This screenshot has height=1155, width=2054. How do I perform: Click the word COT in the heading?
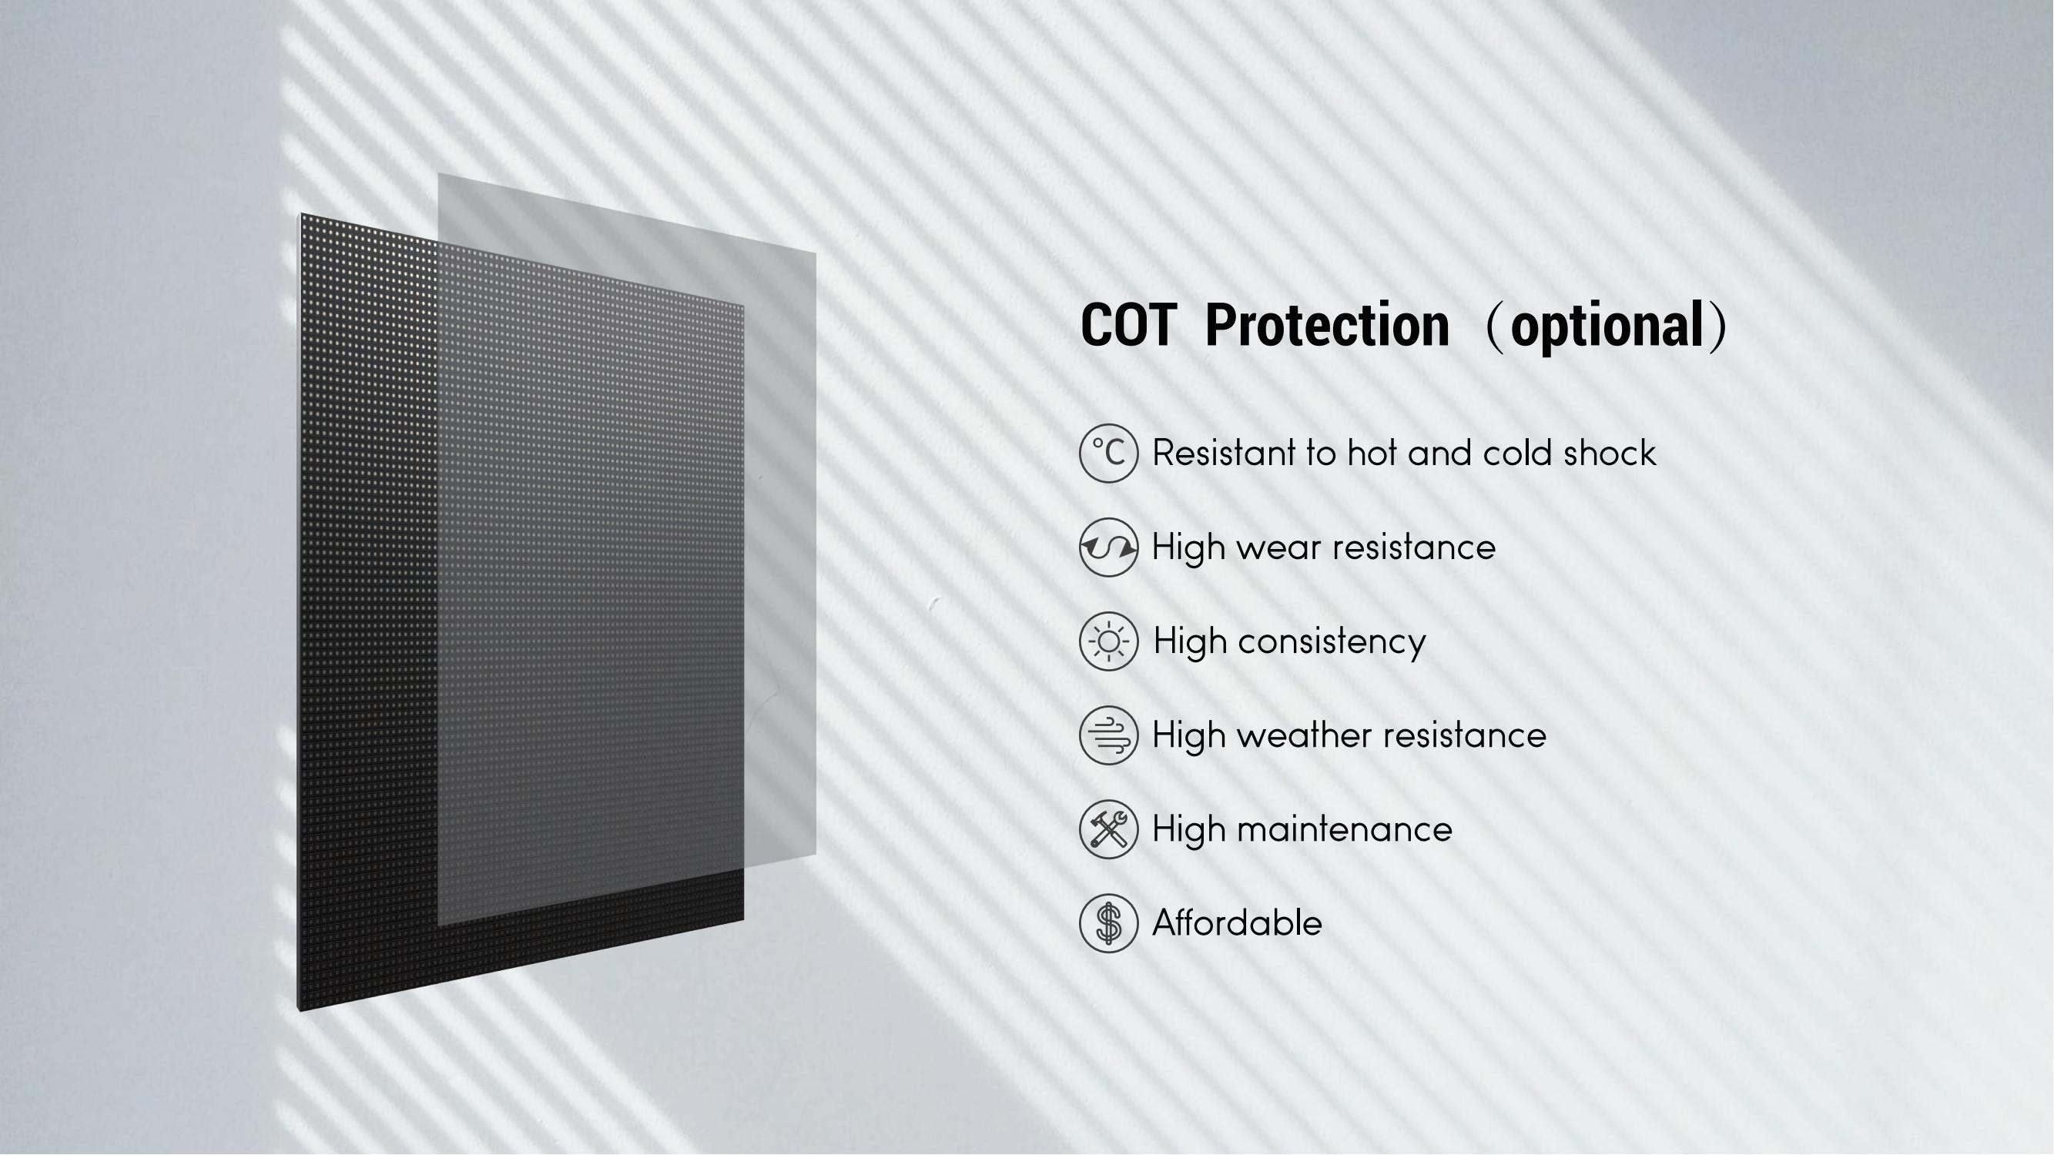click(1128, 325)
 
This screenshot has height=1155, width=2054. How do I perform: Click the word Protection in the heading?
click(1327, 325)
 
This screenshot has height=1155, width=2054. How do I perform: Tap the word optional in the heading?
click(1607, 326)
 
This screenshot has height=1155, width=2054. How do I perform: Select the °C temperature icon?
click(1108, 454)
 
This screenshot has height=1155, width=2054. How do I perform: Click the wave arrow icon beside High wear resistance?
click(1108, 547)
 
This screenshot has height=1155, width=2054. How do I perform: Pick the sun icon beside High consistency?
click(1108, 641)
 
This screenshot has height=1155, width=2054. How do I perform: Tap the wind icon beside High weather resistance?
click(1108, 735)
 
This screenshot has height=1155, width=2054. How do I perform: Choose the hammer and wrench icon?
click(1108, 830)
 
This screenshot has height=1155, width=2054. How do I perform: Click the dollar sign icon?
click(1108, 924)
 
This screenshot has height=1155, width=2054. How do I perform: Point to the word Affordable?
click(1238, 924)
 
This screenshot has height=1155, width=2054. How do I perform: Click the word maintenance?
click(1345, 830)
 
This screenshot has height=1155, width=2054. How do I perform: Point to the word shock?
click(1610, 454)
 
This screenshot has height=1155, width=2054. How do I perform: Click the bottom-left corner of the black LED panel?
click(299, 1012)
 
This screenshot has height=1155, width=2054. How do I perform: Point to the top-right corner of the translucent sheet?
click(816, 253)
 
